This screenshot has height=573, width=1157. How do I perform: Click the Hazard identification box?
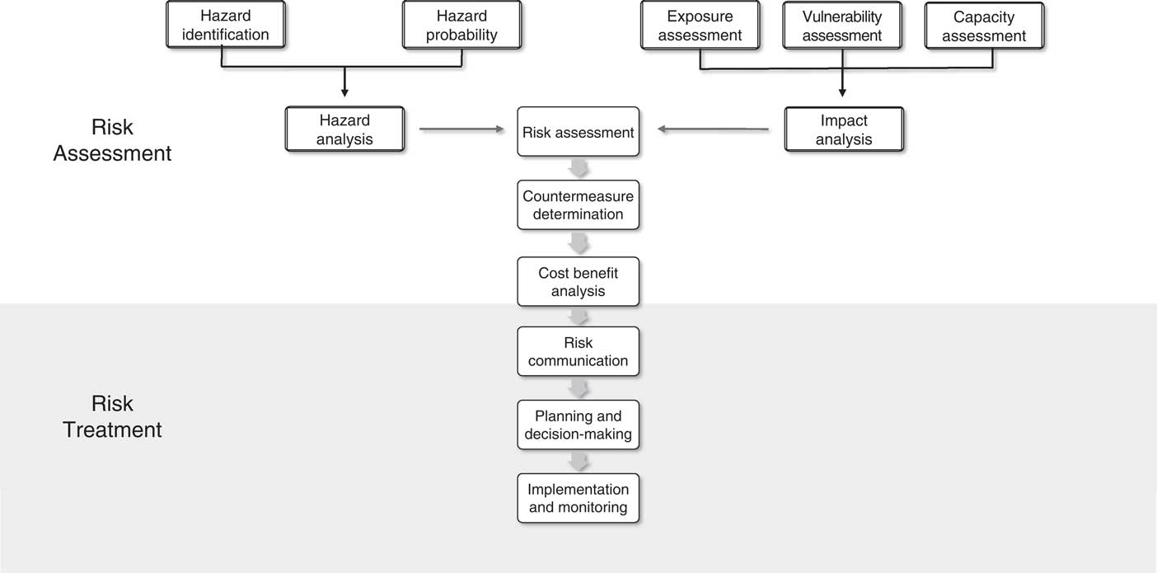[x=225, y=25]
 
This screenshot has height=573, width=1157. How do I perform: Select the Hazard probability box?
[x=461, y=25]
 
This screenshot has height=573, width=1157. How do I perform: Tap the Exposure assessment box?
[x=700, y=26]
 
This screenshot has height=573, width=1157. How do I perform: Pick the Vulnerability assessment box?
[x=841, y=26]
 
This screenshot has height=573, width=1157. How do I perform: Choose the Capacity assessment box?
[x=984, y=26]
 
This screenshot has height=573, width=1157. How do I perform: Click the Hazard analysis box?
[x=344, y=129]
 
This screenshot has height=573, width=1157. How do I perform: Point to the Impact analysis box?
[x=844, y=129]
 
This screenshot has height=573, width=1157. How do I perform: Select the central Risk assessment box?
[x=578, y=132]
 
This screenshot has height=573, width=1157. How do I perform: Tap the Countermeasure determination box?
[x=578, y=204]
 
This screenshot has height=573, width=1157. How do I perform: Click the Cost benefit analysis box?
[x=578, y=281]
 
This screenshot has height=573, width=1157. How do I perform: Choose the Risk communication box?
[x=578, y=351]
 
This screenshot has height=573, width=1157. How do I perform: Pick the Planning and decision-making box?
[x=578, y=425]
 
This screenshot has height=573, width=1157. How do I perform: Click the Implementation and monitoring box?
[x=578, y=498]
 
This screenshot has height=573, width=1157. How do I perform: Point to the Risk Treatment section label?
[x=112, y=416]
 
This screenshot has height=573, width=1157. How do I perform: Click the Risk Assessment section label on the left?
[x=112, y=140]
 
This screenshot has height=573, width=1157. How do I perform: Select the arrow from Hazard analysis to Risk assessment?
[x=461, y=129]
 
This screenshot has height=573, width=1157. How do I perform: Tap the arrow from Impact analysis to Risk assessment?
[x=713, y=129]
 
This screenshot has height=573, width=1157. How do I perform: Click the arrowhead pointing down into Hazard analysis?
[x=344, y=92]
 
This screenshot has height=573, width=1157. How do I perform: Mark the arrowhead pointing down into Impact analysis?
[x=842, y=92]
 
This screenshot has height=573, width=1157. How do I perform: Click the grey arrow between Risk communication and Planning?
[x=578, y=388]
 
